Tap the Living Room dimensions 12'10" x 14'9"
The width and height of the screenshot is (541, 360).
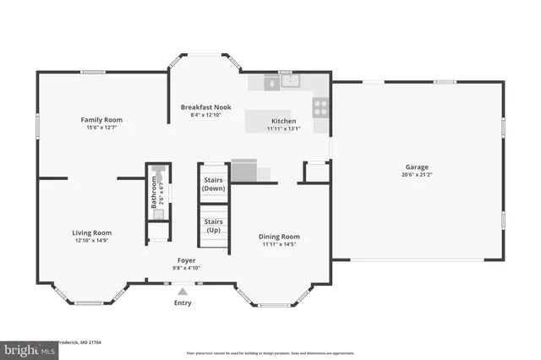pyautogui.click(x=90, y=241)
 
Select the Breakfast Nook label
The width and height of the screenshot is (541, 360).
pyautogui.click(x=205, y=107)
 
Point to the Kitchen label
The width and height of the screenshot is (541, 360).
pyautogui.click(x=282, y=121)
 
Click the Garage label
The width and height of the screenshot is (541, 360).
pyautogui.click(x=418, y=166)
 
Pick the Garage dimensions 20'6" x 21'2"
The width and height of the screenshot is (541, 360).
pyautogui.click(x=418, y=175)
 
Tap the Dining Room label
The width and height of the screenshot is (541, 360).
pyautogui.click(x=279, y=237)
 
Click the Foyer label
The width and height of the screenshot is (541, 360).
pyautogui.click(x=187, y=259)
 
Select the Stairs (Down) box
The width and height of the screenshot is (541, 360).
pyautogui.click(x=213, y=183)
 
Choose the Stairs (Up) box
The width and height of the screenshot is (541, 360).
pyautogui.click(x=213, y=226)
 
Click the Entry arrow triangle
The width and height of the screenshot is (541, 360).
pyautogui.click(x=183, y=291)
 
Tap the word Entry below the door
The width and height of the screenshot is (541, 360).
pyautogui.click(x=183, y=303)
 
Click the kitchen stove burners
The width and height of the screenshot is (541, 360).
pyautogui.click(x=321, y=106)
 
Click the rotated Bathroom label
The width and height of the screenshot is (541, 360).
pyautogui.click(x=154, y=193)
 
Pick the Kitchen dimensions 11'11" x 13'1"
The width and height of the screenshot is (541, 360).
pyautogui.click(x=282, y=129)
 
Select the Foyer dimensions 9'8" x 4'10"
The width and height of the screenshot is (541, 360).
pyautogui.click(x=187, y=268)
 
